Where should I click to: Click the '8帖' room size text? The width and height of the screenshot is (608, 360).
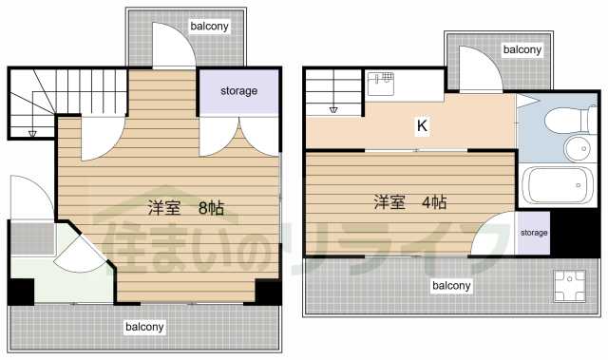tap(211, 207)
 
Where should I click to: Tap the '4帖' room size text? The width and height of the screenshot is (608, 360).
tap(432, 202)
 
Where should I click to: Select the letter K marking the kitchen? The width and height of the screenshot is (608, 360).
tap(420, 124)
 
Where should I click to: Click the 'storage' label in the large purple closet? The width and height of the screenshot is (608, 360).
tap(239, 91)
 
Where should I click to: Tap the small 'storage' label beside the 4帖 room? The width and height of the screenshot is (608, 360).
tap(534, 232)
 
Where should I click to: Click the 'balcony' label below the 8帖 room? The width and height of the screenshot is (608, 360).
tap(144, 327)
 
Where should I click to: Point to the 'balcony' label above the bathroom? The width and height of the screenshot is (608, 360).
tap(522, 49)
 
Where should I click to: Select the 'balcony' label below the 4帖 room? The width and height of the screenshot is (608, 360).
tap(452, 285)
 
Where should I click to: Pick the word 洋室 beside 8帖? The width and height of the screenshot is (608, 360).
tap(163, 207)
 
